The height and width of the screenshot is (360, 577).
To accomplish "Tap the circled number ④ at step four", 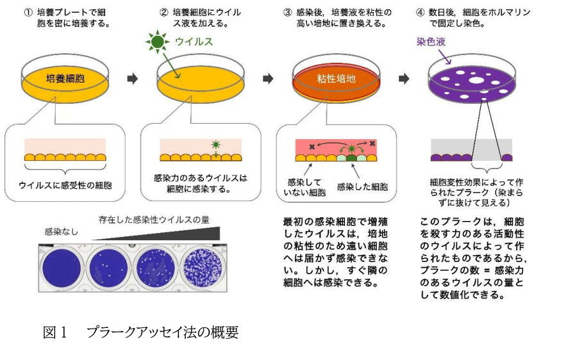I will click(x=420, y=12).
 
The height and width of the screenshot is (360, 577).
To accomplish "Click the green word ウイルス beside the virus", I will click(x=194, y=42).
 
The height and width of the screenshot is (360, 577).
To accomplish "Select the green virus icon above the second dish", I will click(x=156, y=42).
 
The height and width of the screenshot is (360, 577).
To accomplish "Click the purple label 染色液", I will click(x=431, y=42).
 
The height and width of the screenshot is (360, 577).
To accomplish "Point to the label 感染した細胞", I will click(x=366, y=186).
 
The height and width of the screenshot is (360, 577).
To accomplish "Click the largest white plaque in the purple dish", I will click(x=475, y=80).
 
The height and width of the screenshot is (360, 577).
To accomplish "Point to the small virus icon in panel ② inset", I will click(x=216, y=145).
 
